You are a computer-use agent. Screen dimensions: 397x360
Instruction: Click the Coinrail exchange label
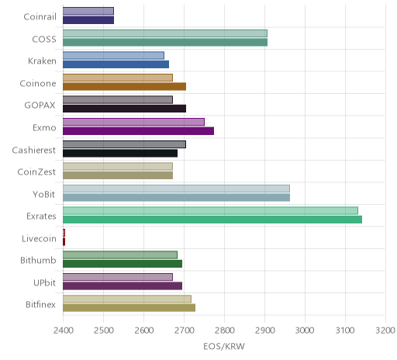coord(40,17)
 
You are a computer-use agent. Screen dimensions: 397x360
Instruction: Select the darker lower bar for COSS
coord(165,43)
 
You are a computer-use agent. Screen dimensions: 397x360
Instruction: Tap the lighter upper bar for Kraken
coord(113,55)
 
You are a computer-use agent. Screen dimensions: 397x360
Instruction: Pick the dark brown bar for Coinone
coord(124,86)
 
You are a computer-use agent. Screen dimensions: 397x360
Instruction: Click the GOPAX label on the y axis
coord(40,106)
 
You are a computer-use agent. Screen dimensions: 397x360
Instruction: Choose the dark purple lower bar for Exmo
coord(138,131)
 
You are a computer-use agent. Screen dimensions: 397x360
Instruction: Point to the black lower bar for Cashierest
coord(120,153)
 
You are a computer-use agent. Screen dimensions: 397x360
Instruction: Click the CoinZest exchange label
coord(36,172)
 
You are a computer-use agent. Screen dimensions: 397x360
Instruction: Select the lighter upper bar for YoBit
coord(176,189)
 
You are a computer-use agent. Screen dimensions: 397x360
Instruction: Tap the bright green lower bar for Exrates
coord(212,220)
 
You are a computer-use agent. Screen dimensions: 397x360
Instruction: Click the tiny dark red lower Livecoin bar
coord(64,242)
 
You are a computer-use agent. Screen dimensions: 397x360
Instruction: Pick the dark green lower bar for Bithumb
coord(123,264)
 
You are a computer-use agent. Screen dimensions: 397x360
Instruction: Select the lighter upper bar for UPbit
coord(118,277)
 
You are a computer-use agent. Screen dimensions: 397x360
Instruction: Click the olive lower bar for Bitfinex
coord(129,308)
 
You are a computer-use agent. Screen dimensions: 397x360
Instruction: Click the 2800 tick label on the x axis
coord(225,331)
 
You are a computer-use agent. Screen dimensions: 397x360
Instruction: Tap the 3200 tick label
coord(385,331)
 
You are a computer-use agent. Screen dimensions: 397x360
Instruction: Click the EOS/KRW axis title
coord(224,347)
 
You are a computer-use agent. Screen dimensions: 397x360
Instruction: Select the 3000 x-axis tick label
coord(305,331)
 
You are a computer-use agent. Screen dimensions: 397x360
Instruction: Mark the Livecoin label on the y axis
coord(39,238)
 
